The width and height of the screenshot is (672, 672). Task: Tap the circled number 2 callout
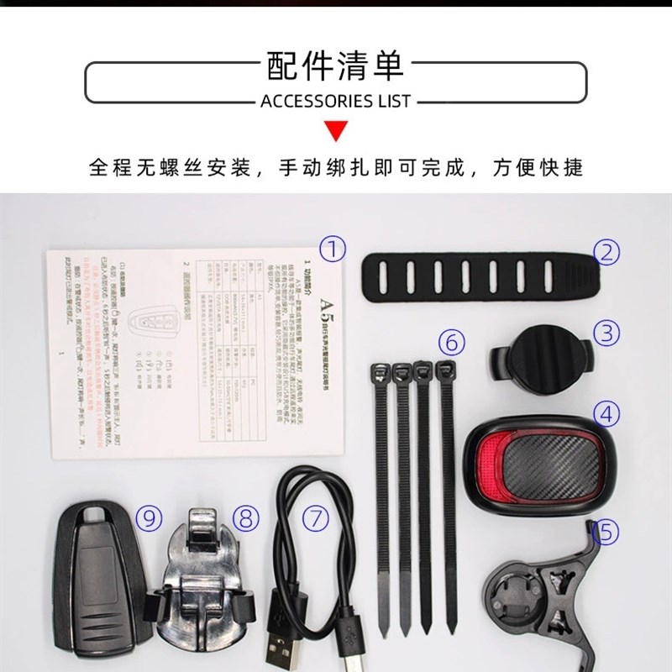[x=607, y=250]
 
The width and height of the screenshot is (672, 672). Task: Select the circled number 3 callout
[x=606, y=332]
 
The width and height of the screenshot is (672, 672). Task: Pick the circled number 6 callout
[x=450, y=342]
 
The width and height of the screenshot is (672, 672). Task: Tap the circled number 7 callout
[x=315, y=518]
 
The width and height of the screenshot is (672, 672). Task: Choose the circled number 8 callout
[x=244, y=517]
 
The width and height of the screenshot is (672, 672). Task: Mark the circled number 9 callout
[x=149, y=518]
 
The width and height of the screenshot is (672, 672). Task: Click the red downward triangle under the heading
[x=336, y=131]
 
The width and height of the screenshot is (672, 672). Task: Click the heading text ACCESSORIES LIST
[x=336, y=102]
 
